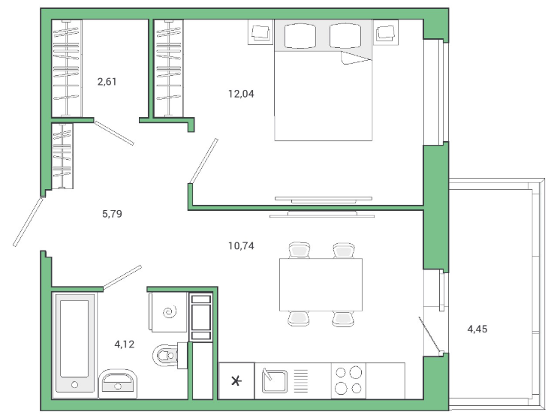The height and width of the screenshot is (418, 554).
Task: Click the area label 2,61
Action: point(107,82)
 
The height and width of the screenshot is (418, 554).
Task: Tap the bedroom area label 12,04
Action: point(241,94)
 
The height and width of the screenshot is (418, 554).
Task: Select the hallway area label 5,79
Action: point(112,214)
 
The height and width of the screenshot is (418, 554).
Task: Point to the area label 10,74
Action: point(241,245)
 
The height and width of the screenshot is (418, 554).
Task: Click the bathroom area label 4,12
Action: point(125,344)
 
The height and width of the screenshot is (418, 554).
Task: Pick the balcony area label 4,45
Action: point(477,329)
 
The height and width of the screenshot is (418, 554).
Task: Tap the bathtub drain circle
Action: point(74,384)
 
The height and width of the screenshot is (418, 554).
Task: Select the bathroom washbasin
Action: point(118,384)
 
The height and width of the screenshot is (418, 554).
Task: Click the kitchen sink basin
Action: point(275,381)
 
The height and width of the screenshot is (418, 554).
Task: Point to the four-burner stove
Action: point(348,380)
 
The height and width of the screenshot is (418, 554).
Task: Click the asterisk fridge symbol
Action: point(236,381)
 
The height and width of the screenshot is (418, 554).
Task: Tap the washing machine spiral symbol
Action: point(170,312)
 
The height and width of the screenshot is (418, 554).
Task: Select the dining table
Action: point(321,284)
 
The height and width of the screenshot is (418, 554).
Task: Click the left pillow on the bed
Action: point(300,36)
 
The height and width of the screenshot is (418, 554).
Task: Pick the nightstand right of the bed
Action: point(385,32)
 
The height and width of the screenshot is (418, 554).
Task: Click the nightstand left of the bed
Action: point(260,32)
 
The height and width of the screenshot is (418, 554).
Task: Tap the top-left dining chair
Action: point(300,250)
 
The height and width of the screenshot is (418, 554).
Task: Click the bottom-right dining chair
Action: point(343,319)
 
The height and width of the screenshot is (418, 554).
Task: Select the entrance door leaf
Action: point(28,221)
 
